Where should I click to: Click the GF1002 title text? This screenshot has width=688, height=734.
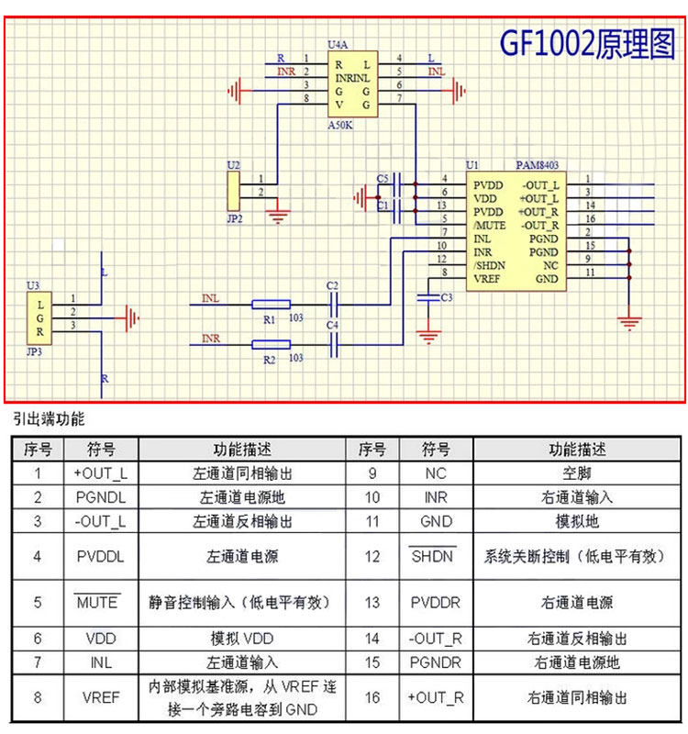586,42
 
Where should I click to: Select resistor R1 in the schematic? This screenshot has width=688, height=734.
271,305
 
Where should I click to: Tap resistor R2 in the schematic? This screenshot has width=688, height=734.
271,344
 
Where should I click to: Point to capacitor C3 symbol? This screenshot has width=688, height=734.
427,297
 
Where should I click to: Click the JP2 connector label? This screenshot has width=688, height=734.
234,219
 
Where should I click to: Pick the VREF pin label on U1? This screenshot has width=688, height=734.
487,278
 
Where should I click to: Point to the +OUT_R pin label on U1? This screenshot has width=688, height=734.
538,211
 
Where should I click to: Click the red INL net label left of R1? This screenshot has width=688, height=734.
210,297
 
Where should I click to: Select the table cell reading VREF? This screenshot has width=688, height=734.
101,697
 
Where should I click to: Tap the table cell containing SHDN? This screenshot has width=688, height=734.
433,557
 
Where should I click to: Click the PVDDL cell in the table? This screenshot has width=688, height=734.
101,557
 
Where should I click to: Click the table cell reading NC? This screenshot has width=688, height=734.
433,473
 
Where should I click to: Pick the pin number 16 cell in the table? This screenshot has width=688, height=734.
372,697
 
